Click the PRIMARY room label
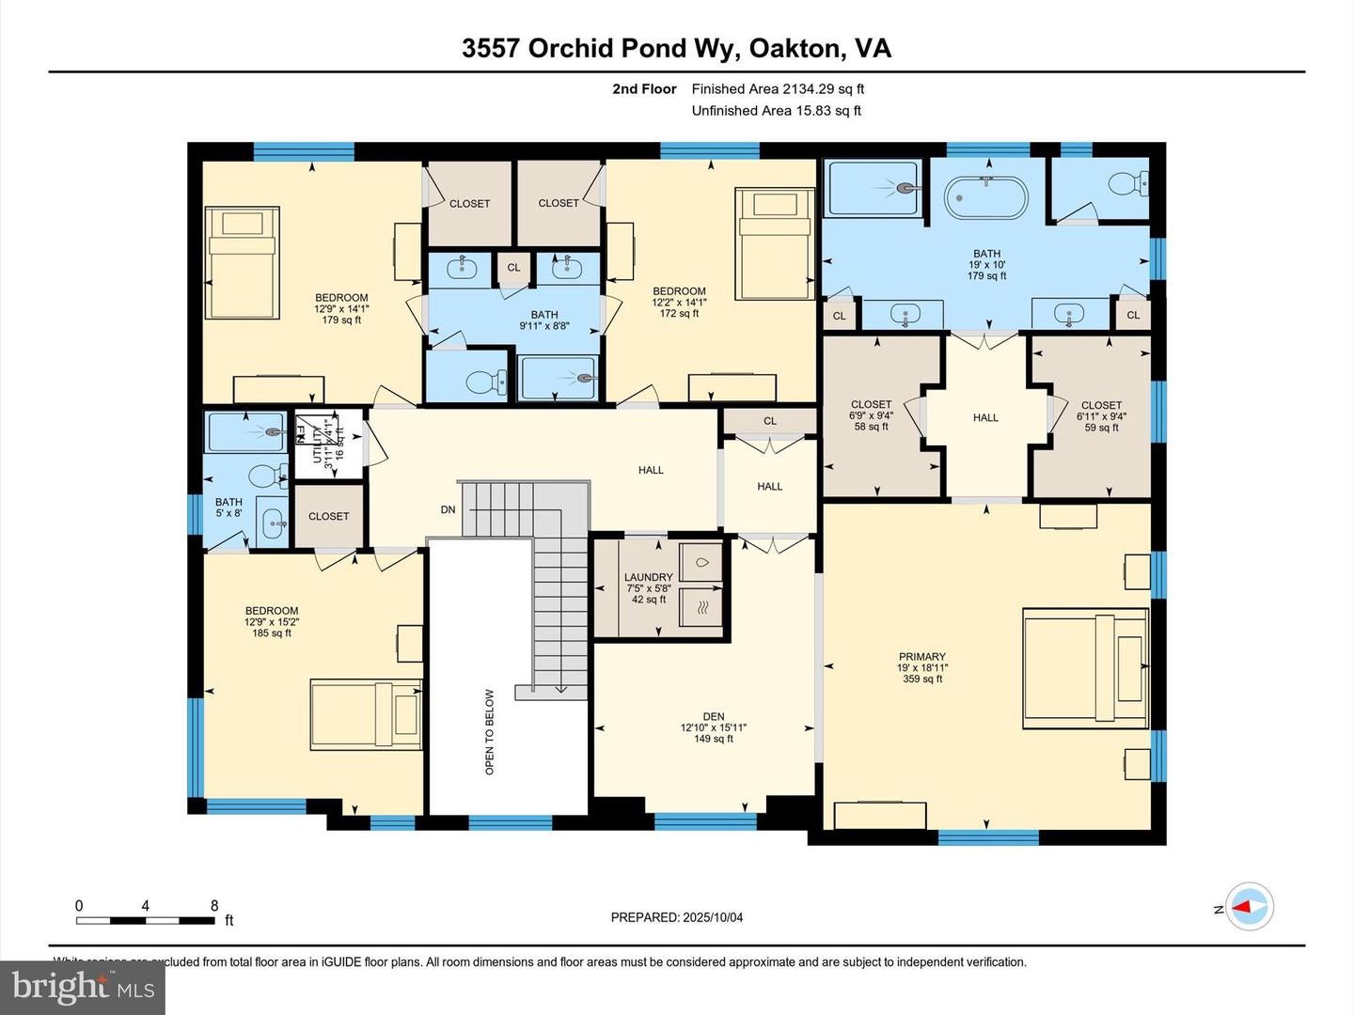[x=921, y=658]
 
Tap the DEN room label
[x=713, y=717]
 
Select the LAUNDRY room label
[x=648, y=578]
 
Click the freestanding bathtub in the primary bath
[x=985, y=196]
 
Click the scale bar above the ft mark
[x=146, y=920]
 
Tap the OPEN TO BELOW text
[x=489, y=732]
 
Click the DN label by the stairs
[x=448, y=510]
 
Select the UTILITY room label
[x=318, y=441]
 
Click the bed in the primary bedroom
[x=1085, y=668]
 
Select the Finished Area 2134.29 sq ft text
[x=778, y=89]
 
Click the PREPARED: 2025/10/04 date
[x=677, y=917]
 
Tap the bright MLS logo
[x=83, y=987]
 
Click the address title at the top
[x=676, y=48]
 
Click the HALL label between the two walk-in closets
[x=985, y=417]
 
